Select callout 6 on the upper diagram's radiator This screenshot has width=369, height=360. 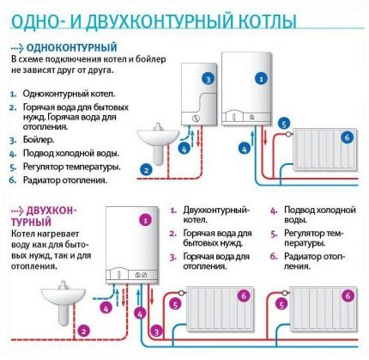tap(348, 136)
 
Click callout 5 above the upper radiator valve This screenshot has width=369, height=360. tap(284, 125)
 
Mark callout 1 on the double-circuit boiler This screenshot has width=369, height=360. tap(146, 221)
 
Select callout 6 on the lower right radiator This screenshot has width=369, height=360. tap(348, 295)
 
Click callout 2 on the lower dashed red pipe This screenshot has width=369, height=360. tap(83, 329)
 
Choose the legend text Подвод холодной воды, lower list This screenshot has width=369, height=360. tap(318, 215)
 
